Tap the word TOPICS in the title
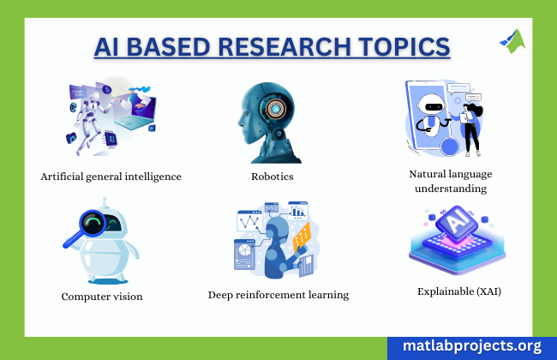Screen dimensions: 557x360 pos(404,47)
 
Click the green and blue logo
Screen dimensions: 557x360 pos(512,41)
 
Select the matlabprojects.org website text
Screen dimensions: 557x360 pos(472,345)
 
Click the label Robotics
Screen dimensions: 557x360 pos(273,177)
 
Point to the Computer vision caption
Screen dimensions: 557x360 pos(102,297)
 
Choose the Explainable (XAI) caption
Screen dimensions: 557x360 pos(459,291)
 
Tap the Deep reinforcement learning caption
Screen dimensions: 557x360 pos(278,295)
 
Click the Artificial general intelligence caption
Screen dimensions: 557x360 pos(111,177)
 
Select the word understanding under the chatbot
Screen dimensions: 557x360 pos(451,189)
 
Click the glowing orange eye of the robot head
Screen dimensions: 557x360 pos(274,108)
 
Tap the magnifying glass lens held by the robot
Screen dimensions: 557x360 pos(93,223)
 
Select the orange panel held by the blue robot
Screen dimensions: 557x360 pos(302,236)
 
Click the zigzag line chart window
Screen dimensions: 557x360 pos(249,220)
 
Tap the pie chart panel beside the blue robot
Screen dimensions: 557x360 pos(244,255)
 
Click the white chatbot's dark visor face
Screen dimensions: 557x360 pos(431,106)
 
